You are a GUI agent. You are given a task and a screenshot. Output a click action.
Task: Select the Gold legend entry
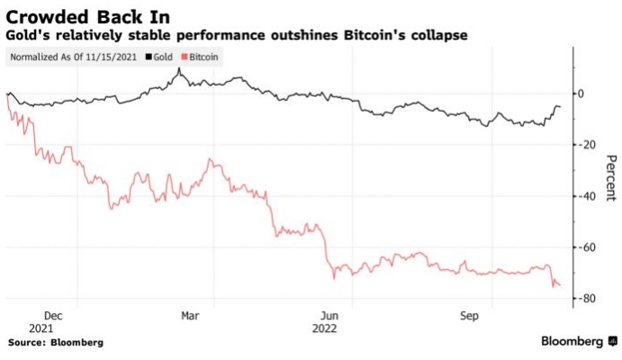(161, 57)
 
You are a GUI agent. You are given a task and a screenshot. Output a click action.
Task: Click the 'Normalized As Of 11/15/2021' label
(74, 57)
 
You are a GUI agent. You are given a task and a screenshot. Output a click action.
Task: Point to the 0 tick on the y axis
(588, 94)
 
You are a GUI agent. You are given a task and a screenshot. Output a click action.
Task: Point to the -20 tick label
(590, 145)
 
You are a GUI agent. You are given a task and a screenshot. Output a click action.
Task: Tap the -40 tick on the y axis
(590, 196)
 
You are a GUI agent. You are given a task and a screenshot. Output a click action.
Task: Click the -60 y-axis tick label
(590, 247)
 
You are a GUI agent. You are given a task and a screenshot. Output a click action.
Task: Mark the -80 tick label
(590, 299)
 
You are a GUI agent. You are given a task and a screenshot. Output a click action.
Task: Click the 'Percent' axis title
(610, 178)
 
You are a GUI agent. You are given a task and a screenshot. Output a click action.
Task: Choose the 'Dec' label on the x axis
(53, 316)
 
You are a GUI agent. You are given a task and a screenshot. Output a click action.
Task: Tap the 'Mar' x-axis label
(190, 316)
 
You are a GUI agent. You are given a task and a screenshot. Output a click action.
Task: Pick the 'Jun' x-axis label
(330, 316)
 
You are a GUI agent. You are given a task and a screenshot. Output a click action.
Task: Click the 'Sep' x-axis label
(470, 316)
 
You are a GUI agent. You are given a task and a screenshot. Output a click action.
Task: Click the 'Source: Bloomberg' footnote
(56, 343)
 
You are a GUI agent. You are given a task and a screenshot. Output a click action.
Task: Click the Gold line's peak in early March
(179, 68)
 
